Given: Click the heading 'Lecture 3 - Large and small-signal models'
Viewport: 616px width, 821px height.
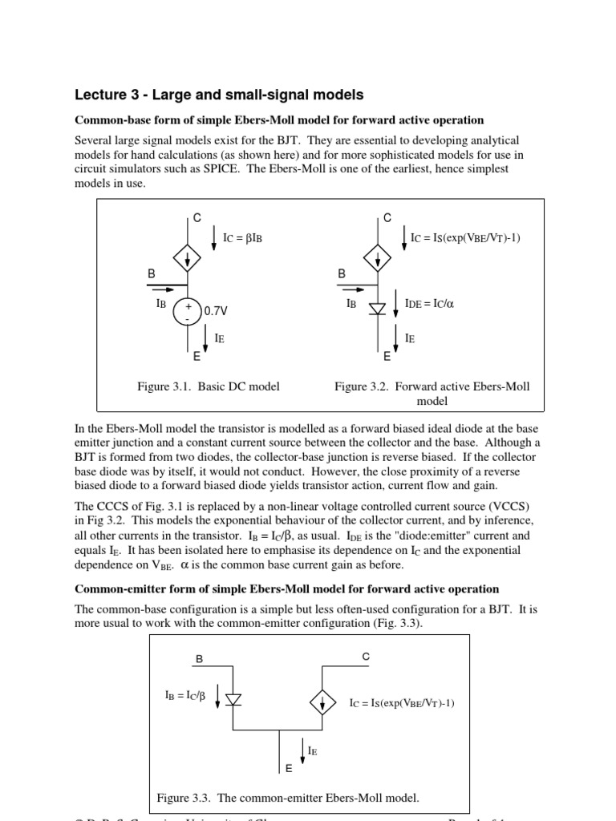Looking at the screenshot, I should pos(218,95).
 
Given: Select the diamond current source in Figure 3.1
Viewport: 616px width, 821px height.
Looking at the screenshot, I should pos(188,258).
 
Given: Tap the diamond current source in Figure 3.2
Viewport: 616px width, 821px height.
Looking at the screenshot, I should pos(378,258).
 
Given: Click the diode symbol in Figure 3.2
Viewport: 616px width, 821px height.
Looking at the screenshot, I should pos(378,309).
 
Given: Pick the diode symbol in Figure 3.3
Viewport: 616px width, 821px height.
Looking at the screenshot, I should pos(234,699).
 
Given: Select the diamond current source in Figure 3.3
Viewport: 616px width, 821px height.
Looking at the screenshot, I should pos(322,702).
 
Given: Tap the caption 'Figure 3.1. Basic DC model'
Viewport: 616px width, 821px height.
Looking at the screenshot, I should pos(209,386).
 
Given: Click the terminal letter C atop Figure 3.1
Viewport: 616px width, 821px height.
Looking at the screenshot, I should pos(197,218).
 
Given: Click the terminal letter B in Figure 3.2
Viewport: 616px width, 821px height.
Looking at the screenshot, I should pos(342,273).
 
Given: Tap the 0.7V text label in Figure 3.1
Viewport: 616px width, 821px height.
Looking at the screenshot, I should pos(216,310).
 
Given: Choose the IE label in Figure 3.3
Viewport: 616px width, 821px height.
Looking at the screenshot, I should pos(312,751).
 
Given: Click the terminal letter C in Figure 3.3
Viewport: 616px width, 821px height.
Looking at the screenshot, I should pos(366,657).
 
